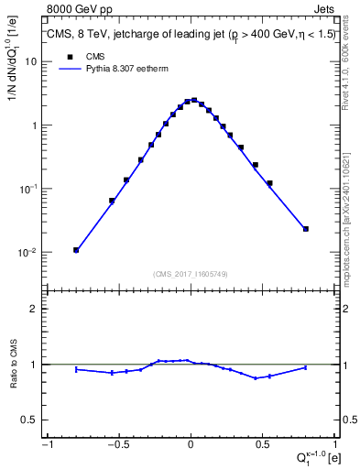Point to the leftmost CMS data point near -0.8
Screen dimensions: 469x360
click(76, 250)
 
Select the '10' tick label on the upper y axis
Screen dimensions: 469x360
click(31, 61)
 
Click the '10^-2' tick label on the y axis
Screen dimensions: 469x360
click(28, 252)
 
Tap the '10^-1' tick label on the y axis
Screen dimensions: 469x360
click(28, 189)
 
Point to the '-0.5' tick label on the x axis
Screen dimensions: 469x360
click(118, 446)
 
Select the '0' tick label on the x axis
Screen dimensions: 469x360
click(191, 446)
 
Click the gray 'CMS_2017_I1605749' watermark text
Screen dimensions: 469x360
click(191, 273)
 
